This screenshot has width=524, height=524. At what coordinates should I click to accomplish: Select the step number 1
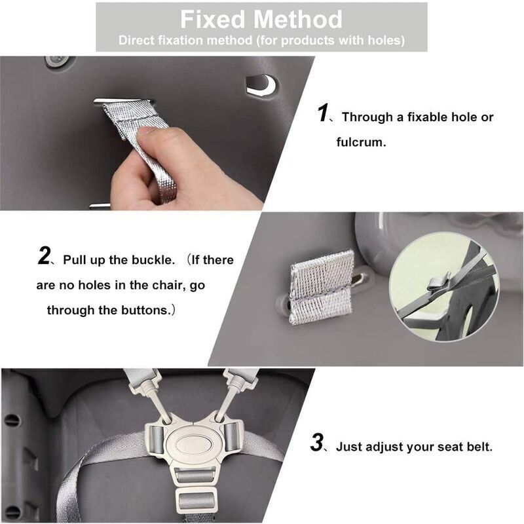click(322, 114)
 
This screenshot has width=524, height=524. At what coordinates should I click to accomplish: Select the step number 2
click(43, 257)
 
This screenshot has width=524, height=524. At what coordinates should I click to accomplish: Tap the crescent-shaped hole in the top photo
click(262, 84)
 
